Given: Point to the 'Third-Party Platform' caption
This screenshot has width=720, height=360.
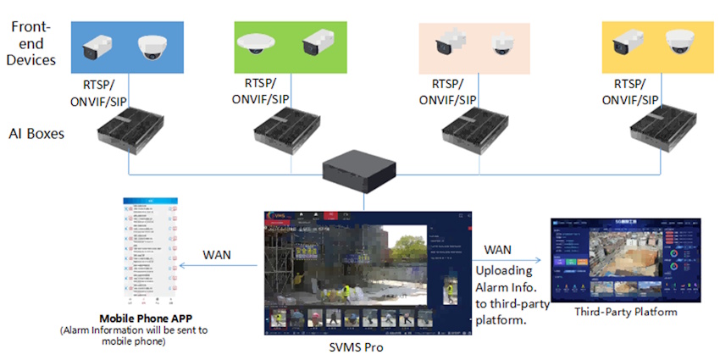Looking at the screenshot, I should [x=626, y=312].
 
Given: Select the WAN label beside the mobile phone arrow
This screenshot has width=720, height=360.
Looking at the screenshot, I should [x=219, y=255].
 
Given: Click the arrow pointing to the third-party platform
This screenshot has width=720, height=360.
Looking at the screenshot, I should [x=508, y=261].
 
